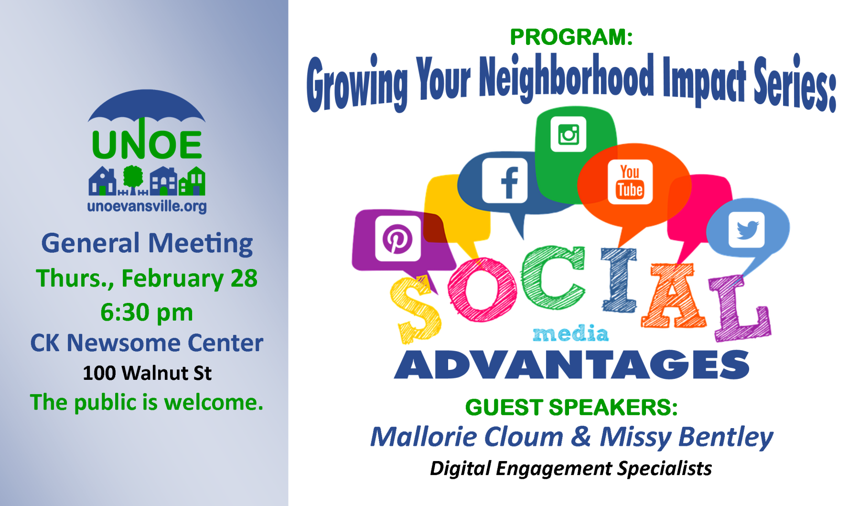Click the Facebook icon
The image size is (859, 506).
505,181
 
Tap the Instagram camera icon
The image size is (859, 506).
568,134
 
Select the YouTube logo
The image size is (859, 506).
630,182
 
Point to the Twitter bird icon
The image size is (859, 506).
746,229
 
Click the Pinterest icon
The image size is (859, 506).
397,238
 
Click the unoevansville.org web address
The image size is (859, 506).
147,206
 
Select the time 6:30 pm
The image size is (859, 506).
147,312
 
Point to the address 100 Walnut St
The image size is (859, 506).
147,373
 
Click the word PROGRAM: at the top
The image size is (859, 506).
571,37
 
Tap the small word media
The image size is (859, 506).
570,334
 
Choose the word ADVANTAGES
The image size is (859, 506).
572,365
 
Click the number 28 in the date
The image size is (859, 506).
244,279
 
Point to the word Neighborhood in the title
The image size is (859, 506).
567,77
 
